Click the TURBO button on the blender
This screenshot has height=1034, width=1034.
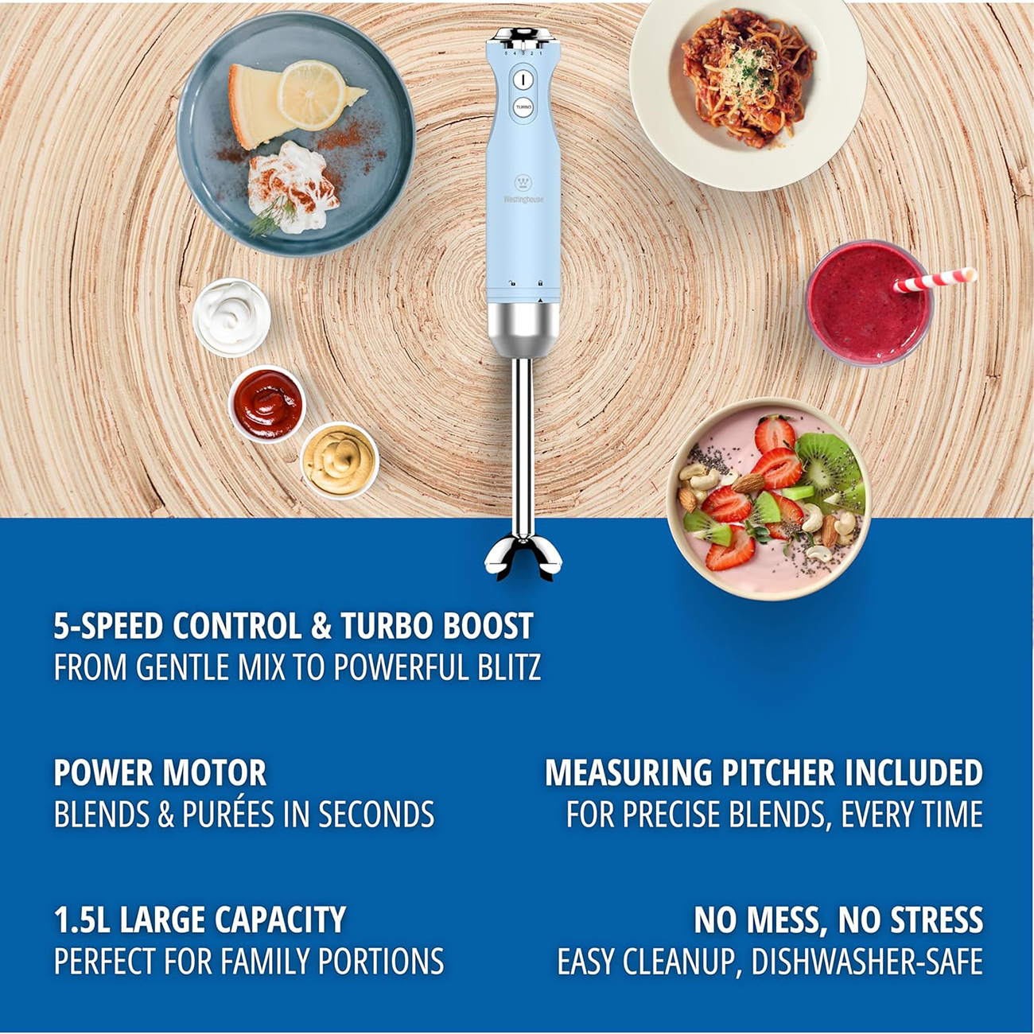click(523, 107)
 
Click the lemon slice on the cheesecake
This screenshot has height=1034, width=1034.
click(311, 95)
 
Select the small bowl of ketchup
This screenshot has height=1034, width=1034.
click(267, 403)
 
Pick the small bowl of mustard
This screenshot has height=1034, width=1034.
click(339, 461)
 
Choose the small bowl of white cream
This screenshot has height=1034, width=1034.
click(231, 317)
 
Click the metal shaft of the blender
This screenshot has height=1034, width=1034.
click(523, 446)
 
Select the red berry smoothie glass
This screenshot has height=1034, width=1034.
click(869, 303)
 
